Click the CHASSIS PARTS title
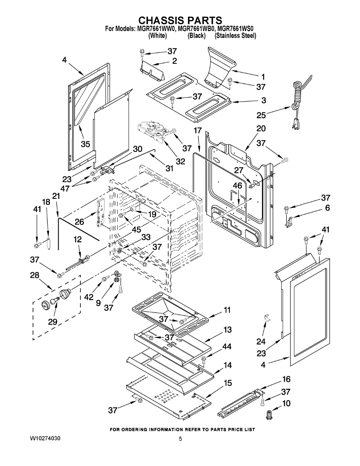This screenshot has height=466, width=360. pyautogui.click(x=180, y=21)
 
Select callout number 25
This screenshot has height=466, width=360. pyautogui.click(x=261, y=115)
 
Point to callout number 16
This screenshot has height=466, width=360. pyautogui.click(x=286, y=379)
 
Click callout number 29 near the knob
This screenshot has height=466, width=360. pyautogui.click(x=52, y=321)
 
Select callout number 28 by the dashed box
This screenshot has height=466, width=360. pyautogui.click(x=35, y=275)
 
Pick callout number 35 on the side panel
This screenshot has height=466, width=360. pyautogui.click(x=85, y=144)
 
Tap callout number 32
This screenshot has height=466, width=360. pyautogui.click(x=180, y=160)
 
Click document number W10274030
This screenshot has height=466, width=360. pyautogui.click(x=45, y=438)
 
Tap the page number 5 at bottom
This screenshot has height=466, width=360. pyautogui.click(x=180, y=439)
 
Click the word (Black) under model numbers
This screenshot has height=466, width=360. pyautogui.click(x=196, y=36)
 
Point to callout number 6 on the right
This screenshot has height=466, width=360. pyautogui.click(x=327, y=208)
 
